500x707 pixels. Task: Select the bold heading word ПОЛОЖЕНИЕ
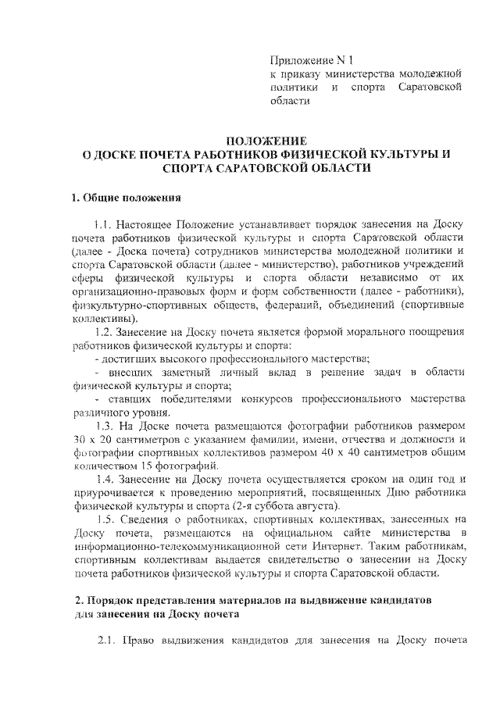tap(261, 141)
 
